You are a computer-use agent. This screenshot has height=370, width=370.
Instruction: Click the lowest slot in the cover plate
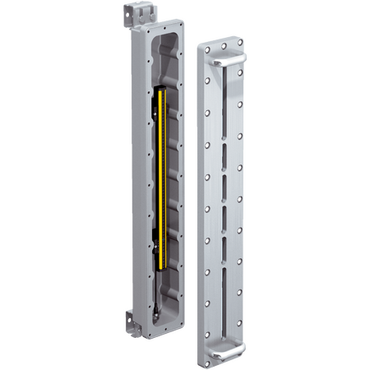point(219,272)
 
